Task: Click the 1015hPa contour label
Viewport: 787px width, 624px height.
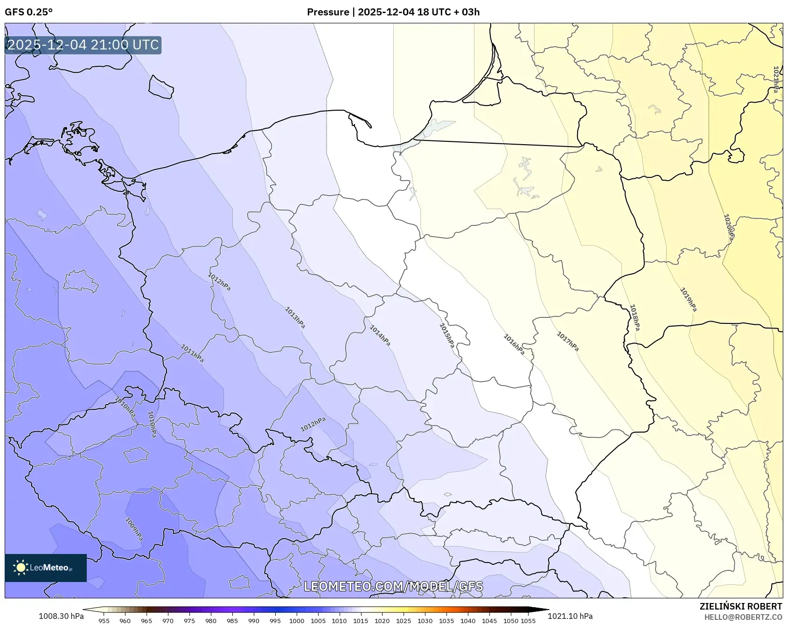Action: tap(446, 336)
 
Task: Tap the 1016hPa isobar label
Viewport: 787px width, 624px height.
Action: tap(514, 344)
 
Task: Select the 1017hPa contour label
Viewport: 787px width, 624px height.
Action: tap(568, 341)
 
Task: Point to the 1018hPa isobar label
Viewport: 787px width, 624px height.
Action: tap(634, 317)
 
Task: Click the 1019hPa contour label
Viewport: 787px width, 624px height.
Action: tap(688, 299)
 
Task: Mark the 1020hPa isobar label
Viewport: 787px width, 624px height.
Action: tap(728, 227)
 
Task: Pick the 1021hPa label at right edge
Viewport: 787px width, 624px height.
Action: tap(776, 79)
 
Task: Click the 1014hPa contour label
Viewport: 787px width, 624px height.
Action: tap(380, 336)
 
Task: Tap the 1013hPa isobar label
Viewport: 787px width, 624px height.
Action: tap(295, 317)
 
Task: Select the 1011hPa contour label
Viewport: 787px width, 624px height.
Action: tap(192, 353)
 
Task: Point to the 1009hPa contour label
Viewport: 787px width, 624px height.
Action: tap(134, 529)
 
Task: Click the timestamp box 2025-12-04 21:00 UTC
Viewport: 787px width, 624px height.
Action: tap(83, 45)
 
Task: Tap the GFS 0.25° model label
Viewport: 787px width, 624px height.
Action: tap(28, 12)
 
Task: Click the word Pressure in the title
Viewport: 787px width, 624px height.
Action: tap(327, 12)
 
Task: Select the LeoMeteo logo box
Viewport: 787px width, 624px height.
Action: tap(46, 568)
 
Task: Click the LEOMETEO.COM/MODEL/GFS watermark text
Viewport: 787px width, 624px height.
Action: tap(393, 586)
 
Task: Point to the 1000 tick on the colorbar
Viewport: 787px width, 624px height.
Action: tap(297, 621)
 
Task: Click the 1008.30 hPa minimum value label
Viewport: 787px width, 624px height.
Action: tap(61, 616)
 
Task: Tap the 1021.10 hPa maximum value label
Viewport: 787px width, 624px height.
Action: tap(570, 616)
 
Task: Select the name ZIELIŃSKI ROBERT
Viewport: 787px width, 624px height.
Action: tap(740, 606)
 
